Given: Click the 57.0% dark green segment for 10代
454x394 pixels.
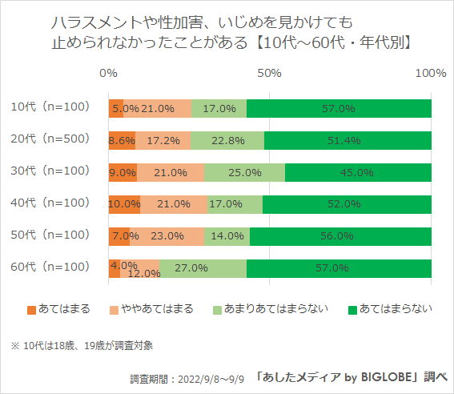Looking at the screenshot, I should point(339,109).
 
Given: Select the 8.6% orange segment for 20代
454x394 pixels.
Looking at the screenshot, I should point(122,140).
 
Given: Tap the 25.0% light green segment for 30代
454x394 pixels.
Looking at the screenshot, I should point(244,172).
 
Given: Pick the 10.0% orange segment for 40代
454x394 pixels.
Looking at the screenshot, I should point(124,203).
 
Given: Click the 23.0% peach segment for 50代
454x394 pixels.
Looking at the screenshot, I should point(167,235).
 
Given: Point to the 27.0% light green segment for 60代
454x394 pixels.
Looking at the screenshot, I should point(203,267).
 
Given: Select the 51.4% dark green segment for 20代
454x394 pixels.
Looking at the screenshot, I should point(348,140).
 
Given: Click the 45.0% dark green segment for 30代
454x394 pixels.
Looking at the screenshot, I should point(358,172).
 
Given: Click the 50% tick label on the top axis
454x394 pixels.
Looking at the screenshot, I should point(269,73).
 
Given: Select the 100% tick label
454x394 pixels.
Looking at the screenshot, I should point(431,73).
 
